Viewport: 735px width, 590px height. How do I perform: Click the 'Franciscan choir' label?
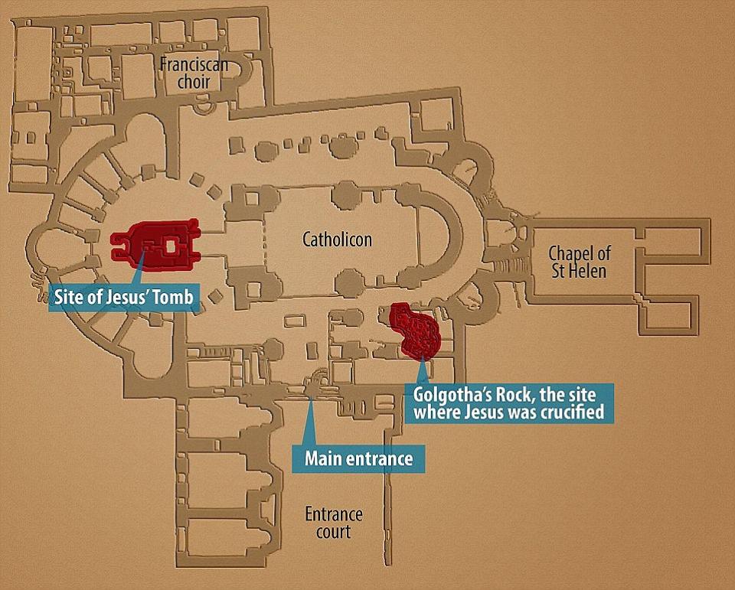(194, 73)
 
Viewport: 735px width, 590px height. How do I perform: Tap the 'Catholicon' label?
(337, 240)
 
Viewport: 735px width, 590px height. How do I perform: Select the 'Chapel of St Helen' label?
(580, 262)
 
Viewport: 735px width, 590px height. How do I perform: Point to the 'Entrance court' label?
(333, 523)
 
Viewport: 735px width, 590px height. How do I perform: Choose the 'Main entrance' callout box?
(359, 459)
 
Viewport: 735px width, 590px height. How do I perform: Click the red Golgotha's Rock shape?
(416, 330)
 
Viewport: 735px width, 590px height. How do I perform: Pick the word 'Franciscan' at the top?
(194, 64)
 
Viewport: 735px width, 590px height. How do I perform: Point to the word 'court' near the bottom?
(333, 532)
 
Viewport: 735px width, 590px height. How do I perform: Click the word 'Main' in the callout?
(322, 459)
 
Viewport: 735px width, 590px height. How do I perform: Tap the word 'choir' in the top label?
(194, 81)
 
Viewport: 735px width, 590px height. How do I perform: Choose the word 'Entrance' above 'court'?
(333, 514)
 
